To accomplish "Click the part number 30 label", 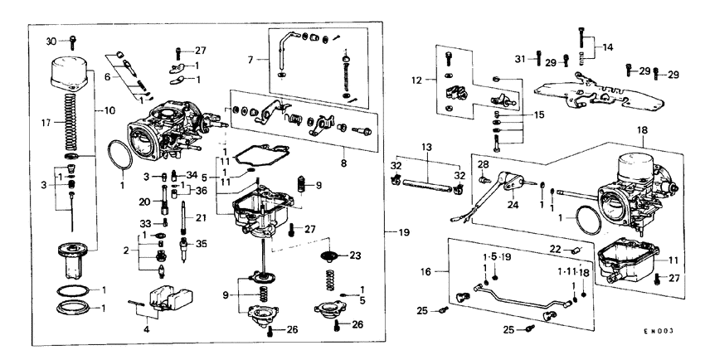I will coord(50,41).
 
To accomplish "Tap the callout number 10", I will coord(110,110).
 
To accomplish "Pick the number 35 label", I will coord(200,244).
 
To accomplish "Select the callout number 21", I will coord(200,217).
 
